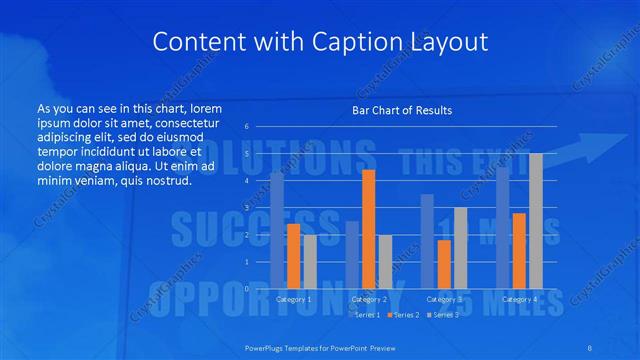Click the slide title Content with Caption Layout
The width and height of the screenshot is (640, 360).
click(319, 42)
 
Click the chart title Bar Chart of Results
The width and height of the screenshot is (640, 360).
click(402, 110)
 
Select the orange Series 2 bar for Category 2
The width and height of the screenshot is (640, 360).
click(368, 229)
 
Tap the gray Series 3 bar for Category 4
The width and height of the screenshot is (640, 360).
click(536, 220)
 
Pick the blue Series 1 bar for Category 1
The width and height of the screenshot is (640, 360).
click(277, 230)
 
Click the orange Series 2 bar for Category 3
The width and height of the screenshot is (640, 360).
click(444, 264)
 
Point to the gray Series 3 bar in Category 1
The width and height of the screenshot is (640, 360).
click(310, 261)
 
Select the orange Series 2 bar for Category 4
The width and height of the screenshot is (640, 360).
click(519, 250)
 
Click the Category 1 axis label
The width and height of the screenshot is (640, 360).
click(293, 299)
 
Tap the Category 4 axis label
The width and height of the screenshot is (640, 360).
click(519, 299)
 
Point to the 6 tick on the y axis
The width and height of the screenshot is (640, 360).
click(246, 127)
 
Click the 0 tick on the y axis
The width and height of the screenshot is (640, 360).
click(246, 288)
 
